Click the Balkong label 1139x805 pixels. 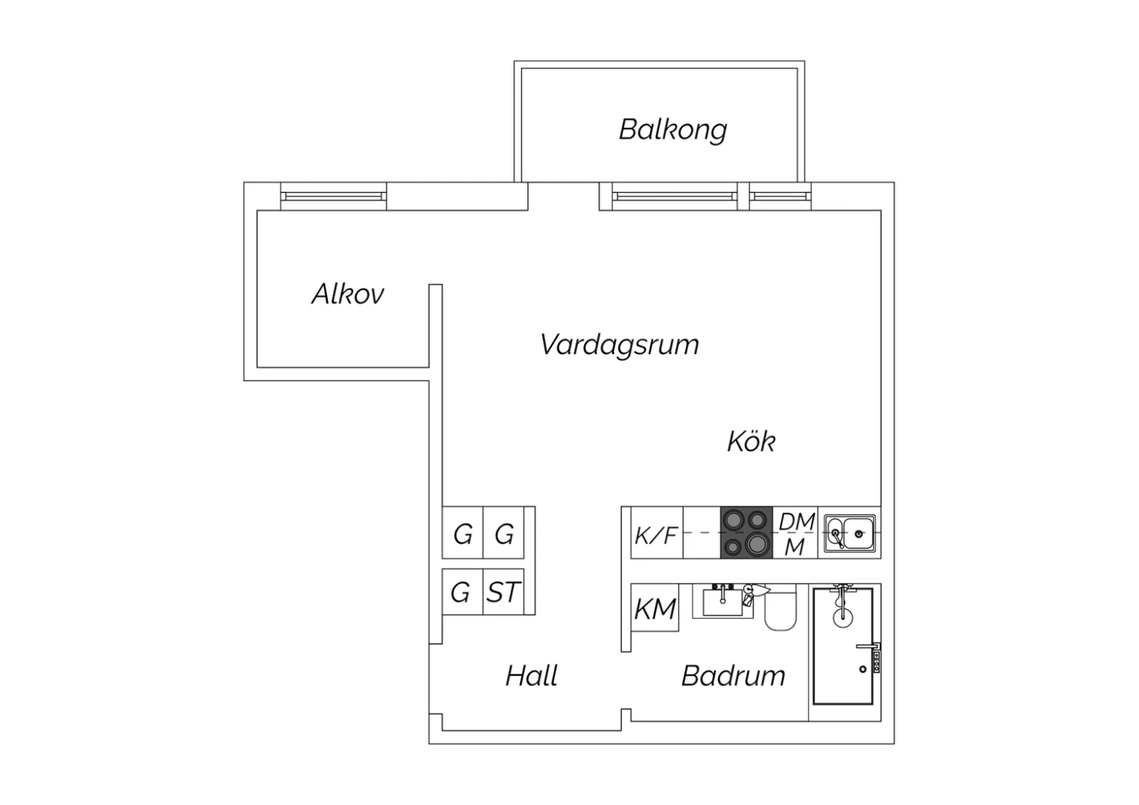[673, 130]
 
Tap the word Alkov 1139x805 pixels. [347, 294]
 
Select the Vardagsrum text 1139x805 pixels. [620, 346]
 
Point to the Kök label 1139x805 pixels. [751, 441]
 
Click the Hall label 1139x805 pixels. [532, 676]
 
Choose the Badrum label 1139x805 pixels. [734, 676]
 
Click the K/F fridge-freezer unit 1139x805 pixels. [657, 532]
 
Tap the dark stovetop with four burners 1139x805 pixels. [746, 532]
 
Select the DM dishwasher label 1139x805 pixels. [797, 521]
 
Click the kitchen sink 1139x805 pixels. [850, 533]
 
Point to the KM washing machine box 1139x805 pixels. [655, 608]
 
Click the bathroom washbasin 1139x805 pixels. [723, 602]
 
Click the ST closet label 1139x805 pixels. [503, 592]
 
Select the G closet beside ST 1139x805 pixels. [461, 592]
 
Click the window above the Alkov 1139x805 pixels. [333, 196]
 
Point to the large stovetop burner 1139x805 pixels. [758, 544]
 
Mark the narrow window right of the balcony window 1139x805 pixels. [780, 196]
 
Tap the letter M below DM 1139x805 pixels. [795, 548]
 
